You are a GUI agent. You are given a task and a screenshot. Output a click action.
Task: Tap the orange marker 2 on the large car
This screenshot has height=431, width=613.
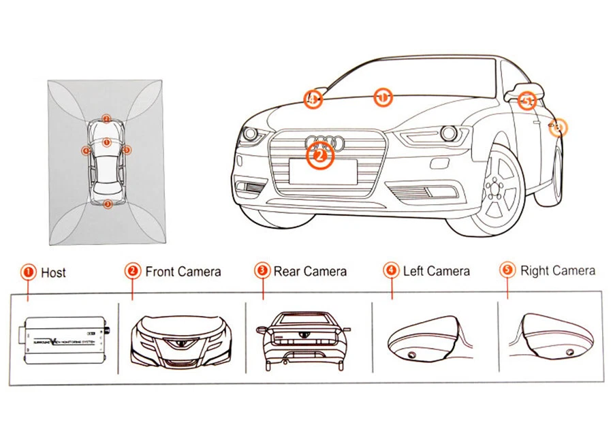pyautogui.click(x=320, y=157)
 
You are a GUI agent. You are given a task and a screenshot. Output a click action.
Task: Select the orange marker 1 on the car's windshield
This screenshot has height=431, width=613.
pyautogui.click(x=383, y=97)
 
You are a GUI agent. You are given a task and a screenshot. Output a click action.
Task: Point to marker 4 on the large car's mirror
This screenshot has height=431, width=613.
pyautogui.click(x=312, y=99)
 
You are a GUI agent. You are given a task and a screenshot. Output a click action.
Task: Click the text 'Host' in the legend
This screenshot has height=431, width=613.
pyautogui.click(x=53, y=273)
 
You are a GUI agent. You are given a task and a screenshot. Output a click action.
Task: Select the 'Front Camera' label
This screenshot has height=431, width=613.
pyautogui.click(x=183, y=272)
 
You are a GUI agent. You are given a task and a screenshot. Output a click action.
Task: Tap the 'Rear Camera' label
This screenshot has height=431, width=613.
pyautogui.click(x=310, y=272)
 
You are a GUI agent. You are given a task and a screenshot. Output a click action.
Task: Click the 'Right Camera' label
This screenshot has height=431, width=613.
pyautogui.click(x=557, y=271)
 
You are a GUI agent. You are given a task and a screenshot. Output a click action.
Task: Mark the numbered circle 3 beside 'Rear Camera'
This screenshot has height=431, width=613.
pyautogui.click(x=262, y=271)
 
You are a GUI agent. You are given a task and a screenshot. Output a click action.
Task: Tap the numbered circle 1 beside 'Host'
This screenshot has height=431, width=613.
pyautogui.click(x=29, y=272)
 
